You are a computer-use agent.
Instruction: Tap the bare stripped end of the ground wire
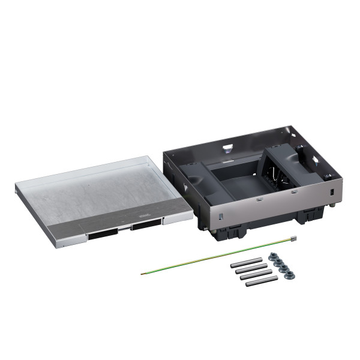[142, 274]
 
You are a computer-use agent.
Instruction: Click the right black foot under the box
[312, 217]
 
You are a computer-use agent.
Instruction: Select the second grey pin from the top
[251, 269]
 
